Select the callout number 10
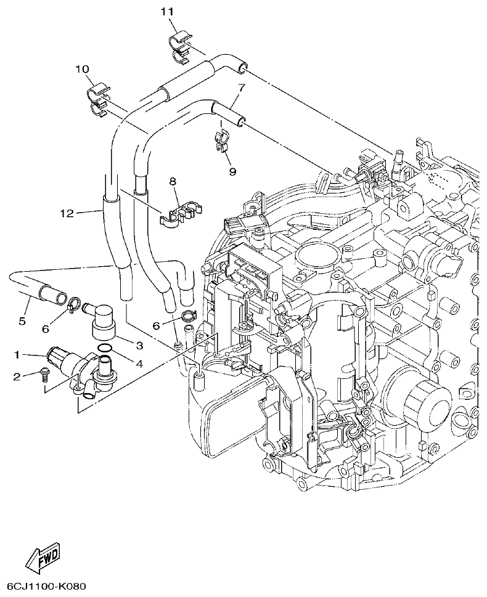click(83, 69)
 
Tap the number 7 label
click(241, 87)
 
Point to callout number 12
click(67, 213)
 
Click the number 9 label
click(232, 172)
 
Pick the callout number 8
click(173, 181)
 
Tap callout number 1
click(18, 354)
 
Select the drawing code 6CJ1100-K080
click(46, 586)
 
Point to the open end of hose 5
click(59, 298)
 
